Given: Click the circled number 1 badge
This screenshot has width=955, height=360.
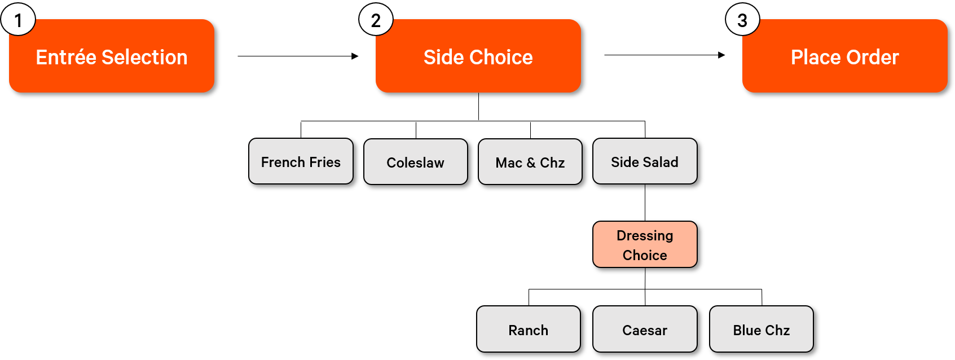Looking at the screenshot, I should [x=18, y=20].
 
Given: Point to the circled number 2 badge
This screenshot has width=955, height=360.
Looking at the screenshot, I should [x=376, y=20].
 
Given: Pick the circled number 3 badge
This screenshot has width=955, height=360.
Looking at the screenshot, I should [x=742, y=20].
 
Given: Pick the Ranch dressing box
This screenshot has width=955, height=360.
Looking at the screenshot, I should [x=528, y=330].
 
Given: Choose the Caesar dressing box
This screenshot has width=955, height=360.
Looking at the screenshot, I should [x=645, y=330].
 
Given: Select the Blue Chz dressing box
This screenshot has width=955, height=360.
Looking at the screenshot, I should [x=761, y=330].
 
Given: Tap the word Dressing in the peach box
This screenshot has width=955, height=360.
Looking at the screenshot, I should [x=645, y=235].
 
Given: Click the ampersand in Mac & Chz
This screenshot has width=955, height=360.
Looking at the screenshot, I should [x=531, y=163].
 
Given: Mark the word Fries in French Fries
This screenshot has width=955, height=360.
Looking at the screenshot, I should [x=325, y=163].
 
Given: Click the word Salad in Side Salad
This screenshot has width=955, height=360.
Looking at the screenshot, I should [x=661, y=163].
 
